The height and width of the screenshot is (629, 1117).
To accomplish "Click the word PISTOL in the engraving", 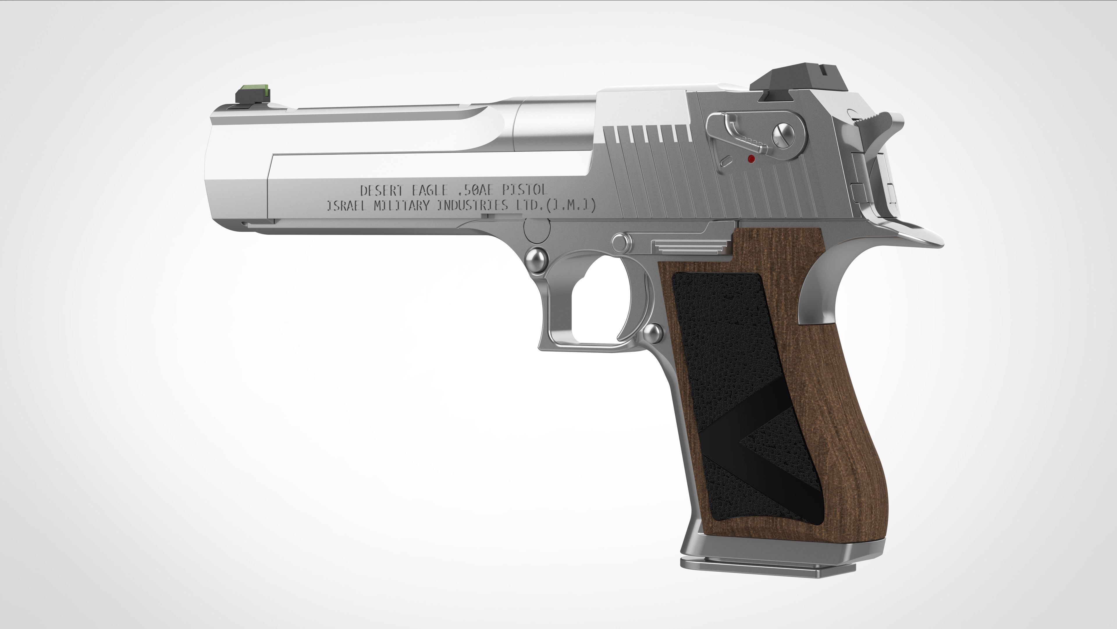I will click(525, 190).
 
